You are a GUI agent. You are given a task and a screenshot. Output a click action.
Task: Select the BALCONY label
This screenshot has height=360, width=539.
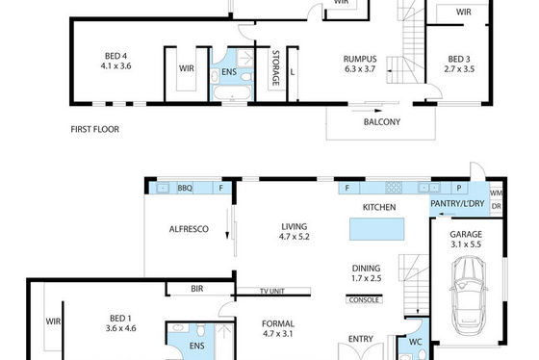pyautogui.click(x=382, y=122)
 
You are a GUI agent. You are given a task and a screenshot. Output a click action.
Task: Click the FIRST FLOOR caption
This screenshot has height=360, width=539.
pyautogui.click(x=95, y=129)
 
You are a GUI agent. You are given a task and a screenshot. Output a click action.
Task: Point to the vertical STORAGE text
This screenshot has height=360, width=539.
pyautogui.click(x=275, y=68)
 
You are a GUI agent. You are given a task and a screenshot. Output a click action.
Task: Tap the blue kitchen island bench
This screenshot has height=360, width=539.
pyautogui.click(x=376, y=229)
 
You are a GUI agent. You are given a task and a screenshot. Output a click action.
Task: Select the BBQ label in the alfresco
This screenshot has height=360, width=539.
pyautogui.click(x=185, y=188)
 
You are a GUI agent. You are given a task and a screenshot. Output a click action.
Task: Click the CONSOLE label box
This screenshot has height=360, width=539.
pyautogui.click(x=364, y=299)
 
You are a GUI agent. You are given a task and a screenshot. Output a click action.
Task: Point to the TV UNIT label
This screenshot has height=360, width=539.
pyautogui.click(x=272, y=292)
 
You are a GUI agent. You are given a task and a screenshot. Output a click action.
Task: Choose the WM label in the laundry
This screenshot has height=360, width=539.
pyautogui.click(x=496, y=193)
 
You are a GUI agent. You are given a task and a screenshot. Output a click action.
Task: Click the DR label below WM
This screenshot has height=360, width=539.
pyautogui.click(x=497, y=206)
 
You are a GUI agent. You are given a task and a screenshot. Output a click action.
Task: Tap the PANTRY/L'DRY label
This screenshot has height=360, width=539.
pyautogui.click(x=457, y=203)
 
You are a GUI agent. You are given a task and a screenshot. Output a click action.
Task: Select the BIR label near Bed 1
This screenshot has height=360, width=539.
pyautogui.click(x=197, y=289)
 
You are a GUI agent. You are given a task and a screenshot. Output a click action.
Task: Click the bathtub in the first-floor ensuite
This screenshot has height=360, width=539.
pyautogui.click(x=232, y=92)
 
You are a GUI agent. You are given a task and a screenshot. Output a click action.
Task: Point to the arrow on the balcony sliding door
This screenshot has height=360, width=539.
pyautogui.click(x=367, y=111)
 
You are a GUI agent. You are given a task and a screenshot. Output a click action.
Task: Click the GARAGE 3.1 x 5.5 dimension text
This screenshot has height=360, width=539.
pyautogui.click(x=466, y=244)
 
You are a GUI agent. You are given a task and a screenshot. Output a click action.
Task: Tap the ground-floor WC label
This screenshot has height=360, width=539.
pyautogui.click(x=415, y=342)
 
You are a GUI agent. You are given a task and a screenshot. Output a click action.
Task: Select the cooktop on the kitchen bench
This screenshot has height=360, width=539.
pyautogui.click(x=394, y=188)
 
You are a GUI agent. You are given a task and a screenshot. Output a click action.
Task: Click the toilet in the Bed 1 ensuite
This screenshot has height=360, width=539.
pyautogui.click(x=201, y=330)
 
